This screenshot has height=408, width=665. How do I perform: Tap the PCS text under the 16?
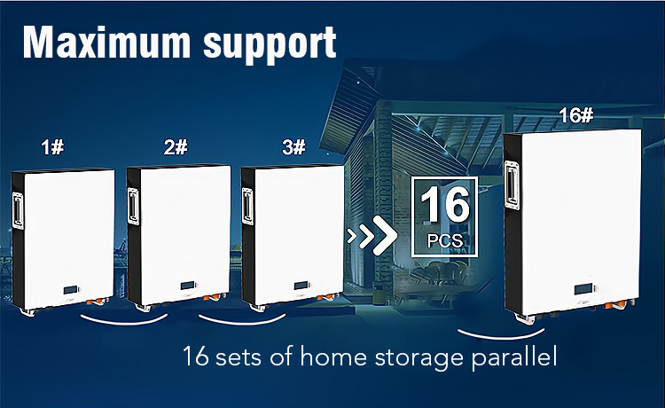pyautogui.click(x=444, y=240)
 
